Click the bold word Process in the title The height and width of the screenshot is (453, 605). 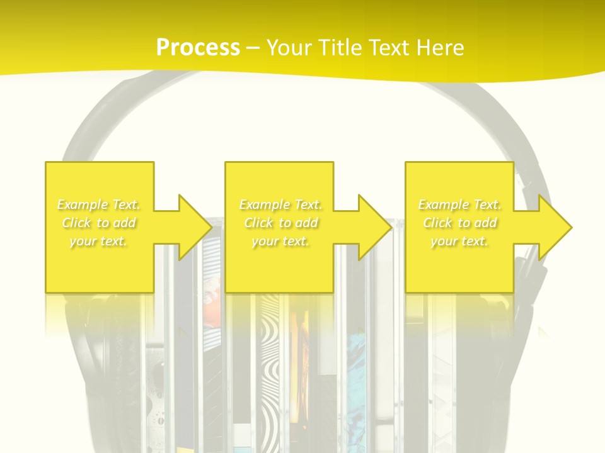pyautogui.click(x=198, y=47)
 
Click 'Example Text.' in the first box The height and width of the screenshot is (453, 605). pyautogui.click(x=99, y=204)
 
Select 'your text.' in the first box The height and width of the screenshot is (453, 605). pyautogui.click(x=99, y=241)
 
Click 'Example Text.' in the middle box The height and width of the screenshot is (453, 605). pyautogui.click(x=280, y=204)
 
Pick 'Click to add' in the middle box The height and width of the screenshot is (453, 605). pyautogui.click(x=280, y=223)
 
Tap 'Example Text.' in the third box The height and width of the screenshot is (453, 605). pyautogui.click(x=459, y=204)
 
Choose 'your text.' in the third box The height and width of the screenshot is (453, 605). pyautogui.click(x=459, y=241)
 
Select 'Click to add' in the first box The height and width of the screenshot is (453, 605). pyautogui.click(x=99, y=223)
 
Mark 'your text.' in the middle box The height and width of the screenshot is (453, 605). pyautogui.click(x=280, y=241)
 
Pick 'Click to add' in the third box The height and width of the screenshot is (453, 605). pyautogui.click(x=459, y=223)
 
